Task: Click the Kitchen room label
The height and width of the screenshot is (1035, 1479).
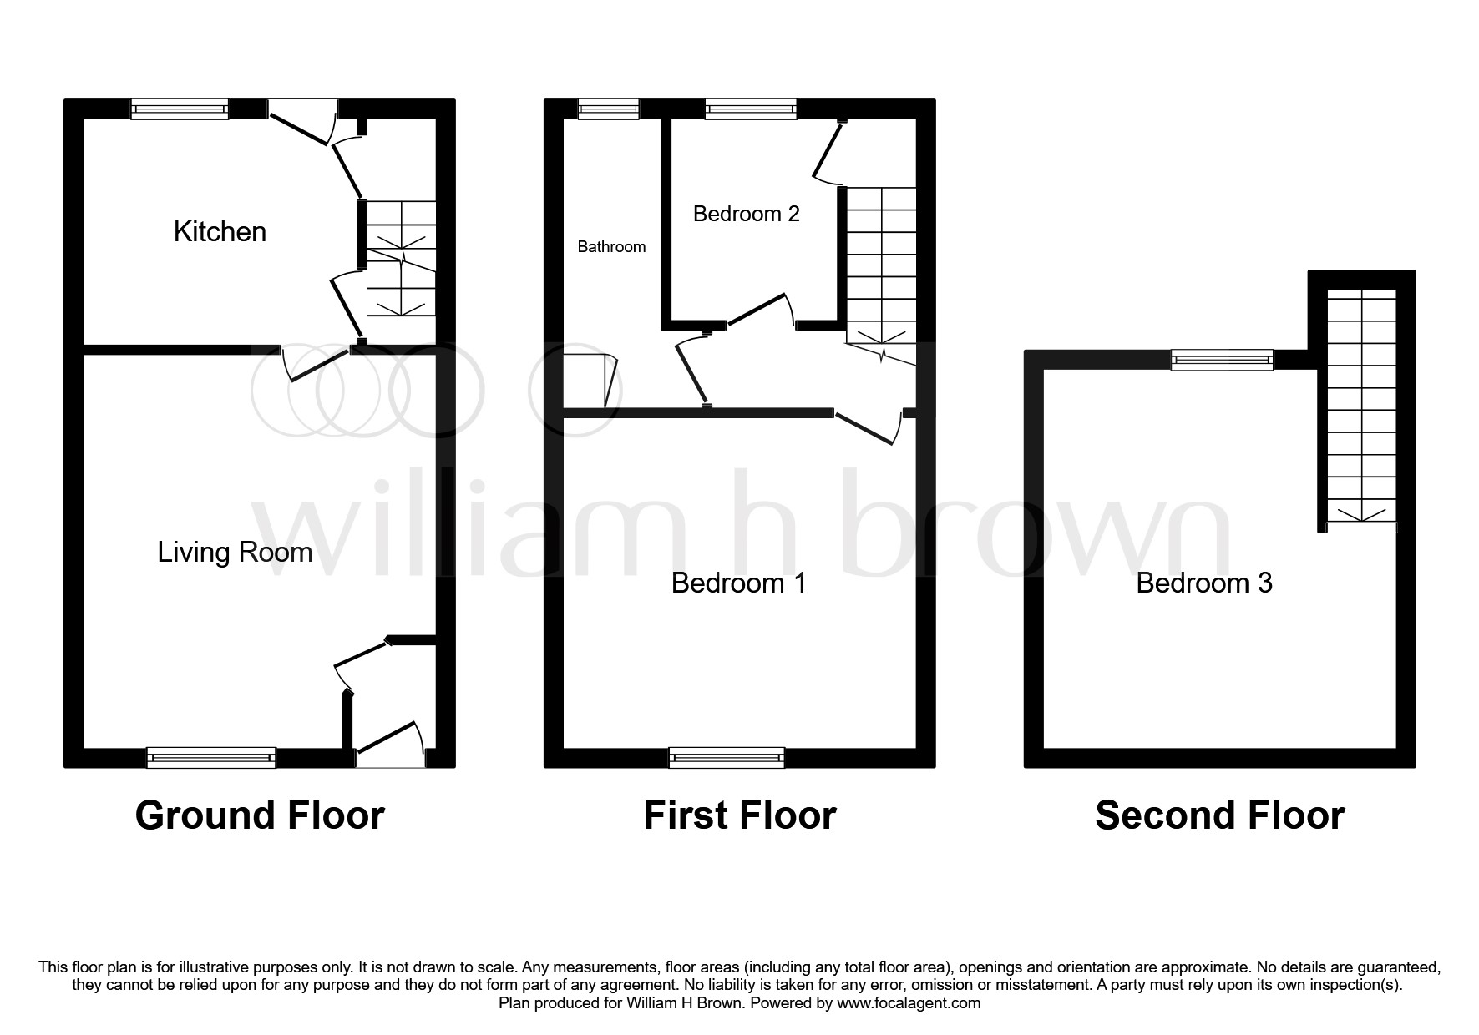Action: pyautogui.click(x=220, y=232)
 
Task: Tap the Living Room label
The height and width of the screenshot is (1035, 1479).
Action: pyautogui.click(x=235, y=552)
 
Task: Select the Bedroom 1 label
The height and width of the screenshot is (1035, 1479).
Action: pyautogui.click(x=738, y=583)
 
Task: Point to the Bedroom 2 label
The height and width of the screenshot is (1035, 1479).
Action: pyautogui.click(x=746, y=214)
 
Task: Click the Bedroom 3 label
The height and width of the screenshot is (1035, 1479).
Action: pyautogui.click(x=1203, y=583)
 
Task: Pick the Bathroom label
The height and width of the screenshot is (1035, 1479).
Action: pyautogui.click(x=611, y=247)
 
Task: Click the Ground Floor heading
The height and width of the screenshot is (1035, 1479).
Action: pyautogui.click(x=260, y=815)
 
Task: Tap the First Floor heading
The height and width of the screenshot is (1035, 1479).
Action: pyautogui.click(x=739, y=815)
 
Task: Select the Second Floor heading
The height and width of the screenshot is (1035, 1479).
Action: pyautogui.click(x=1219, y=815)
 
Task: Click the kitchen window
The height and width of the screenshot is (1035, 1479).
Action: pyautogui.click(x=180, y=109)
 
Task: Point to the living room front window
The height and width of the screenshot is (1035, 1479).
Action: pyautogui.click(x=211, y=757)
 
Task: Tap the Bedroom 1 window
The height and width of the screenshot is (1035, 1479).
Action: pyautogui.click(x=727, y=757)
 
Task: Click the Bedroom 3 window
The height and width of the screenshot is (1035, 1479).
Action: pyautogui.click(x=1222, y=360)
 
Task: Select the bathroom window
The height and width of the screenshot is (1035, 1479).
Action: pyautogui.click(x=609, y=109)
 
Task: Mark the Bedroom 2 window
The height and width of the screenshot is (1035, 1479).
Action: pyautogui.click(x=751, y=109)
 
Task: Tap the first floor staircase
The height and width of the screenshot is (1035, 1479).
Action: pyautogui.click(x=882, y=267)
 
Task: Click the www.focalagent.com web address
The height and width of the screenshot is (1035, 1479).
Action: pyautogui.click(x=909, y=1003)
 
